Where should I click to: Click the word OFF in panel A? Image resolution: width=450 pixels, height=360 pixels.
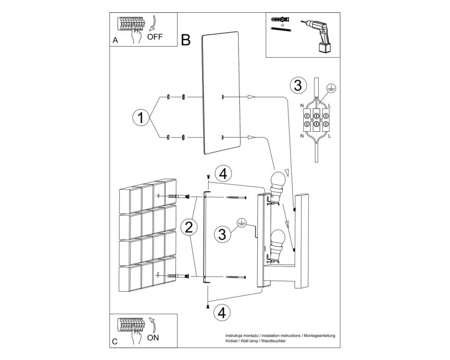(155, 37)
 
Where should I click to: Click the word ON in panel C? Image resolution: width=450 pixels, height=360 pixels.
(153, 338)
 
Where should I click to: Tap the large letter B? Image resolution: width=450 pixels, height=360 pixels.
(186, 40)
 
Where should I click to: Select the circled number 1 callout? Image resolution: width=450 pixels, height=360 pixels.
(141, 118)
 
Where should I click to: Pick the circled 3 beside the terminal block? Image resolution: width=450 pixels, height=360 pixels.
(298, 86)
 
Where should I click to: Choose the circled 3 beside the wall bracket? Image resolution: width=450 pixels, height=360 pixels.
(222, 234)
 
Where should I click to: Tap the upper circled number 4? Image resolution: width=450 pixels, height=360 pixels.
(223, 174)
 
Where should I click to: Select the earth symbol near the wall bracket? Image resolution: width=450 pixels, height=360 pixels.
(241, 223)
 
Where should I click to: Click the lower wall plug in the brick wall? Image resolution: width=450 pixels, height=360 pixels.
(178, 276)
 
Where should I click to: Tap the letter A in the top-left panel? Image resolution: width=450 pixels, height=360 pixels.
(115, 40)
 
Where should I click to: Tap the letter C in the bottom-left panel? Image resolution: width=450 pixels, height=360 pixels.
(115, 341)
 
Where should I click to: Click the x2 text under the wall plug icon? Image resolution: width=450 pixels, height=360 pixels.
(282, 25)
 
